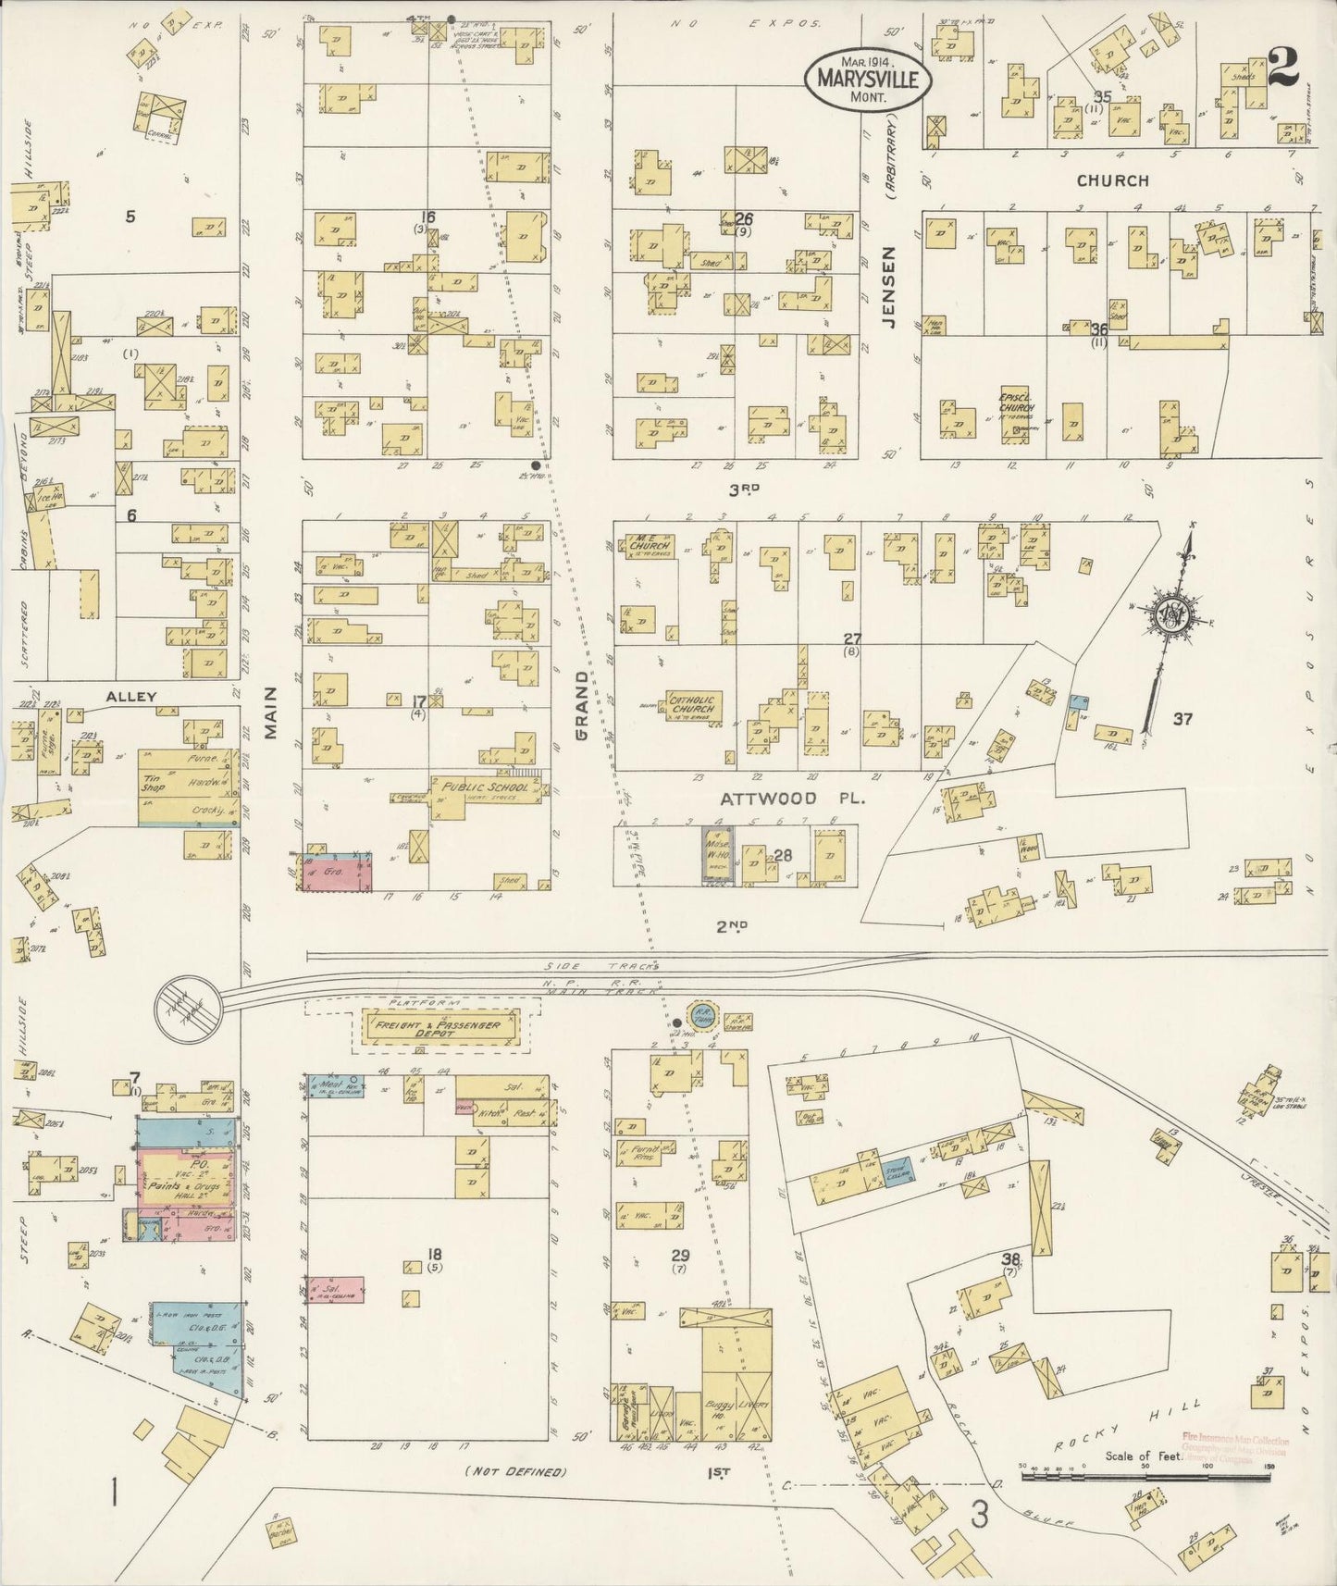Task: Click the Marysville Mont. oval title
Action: pyautogui.click(x=867, y=79)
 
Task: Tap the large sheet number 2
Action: pyautogui.click(x=1283, y=68)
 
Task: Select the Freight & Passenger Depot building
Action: pyautogui.click(x=440, y=1029)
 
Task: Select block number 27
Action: pyautogui.click(x=852, y=638)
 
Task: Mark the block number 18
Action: pyautogui.click(x=433, y=1255)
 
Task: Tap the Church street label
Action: pyautogui.click(x=1113, y=180)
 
